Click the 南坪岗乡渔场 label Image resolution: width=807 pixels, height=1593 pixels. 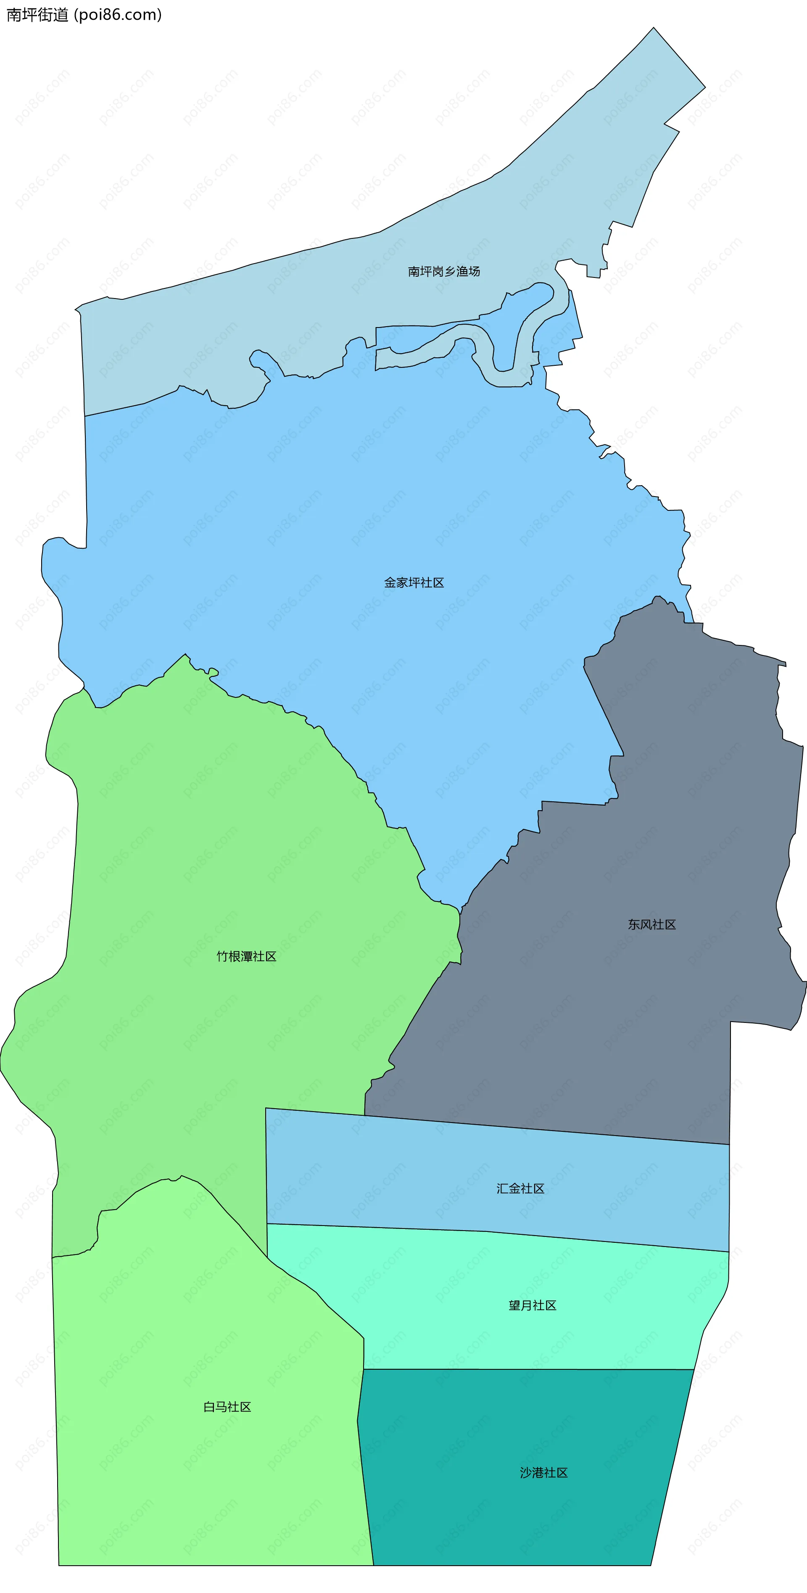[443, 271]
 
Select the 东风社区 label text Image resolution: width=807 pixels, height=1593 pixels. [652, 924]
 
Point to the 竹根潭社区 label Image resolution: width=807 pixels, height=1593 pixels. [246, 956]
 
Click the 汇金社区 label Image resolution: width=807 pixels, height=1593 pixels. [520, 1188]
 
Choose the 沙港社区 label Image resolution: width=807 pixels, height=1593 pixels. [543, 1472]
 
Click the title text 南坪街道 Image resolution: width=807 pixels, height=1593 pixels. [37, 15]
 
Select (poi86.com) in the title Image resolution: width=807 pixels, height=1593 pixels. [118, 15]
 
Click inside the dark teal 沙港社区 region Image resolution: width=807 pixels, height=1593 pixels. [526, 1515]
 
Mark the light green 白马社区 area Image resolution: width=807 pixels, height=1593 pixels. [185, 1484]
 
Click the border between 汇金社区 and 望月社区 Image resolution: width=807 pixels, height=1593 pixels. [495, 1232]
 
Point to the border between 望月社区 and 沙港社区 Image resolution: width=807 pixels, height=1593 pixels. [526, 1369]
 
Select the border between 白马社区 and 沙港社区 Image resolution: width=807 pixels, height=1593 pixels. [365, 1484]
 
